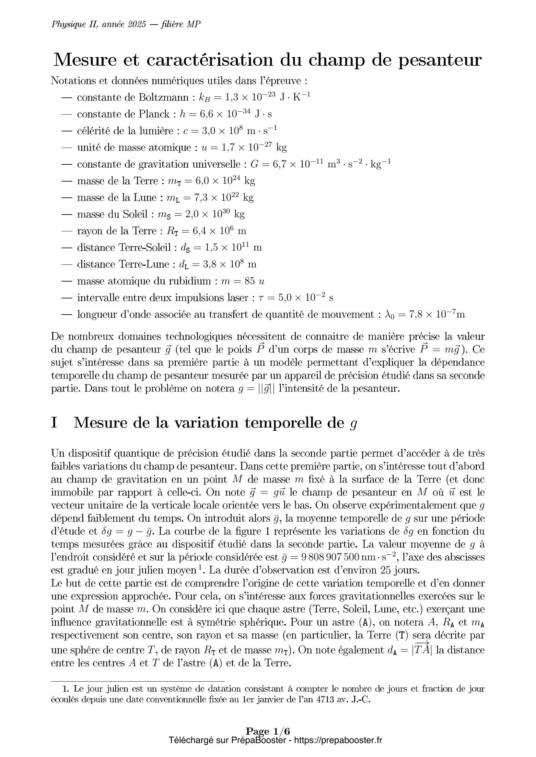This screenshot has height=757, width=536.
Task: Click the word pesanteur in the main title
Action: click(x=440, y=61)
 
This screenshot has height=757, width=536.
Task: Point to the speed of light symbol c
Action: click(x=185, y=131)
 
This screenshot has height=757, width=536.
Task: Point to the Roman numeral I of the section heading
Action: click(x=54, y=423)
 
